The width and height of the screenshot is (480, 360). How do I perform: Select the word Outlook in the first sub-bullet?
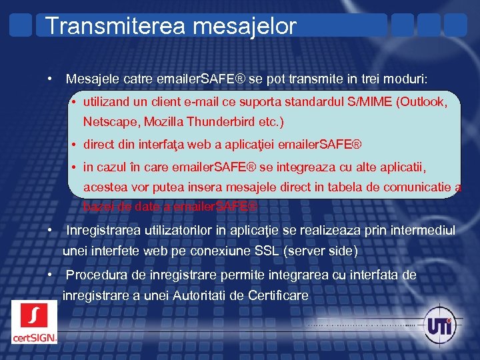click(x=435, y=103)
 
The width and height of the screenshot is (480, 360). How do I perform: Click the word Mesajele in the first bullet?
click(x=91, y=79)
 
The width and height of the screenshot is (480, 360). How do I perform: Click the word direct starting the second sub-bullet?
click(x=99, y=144)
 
